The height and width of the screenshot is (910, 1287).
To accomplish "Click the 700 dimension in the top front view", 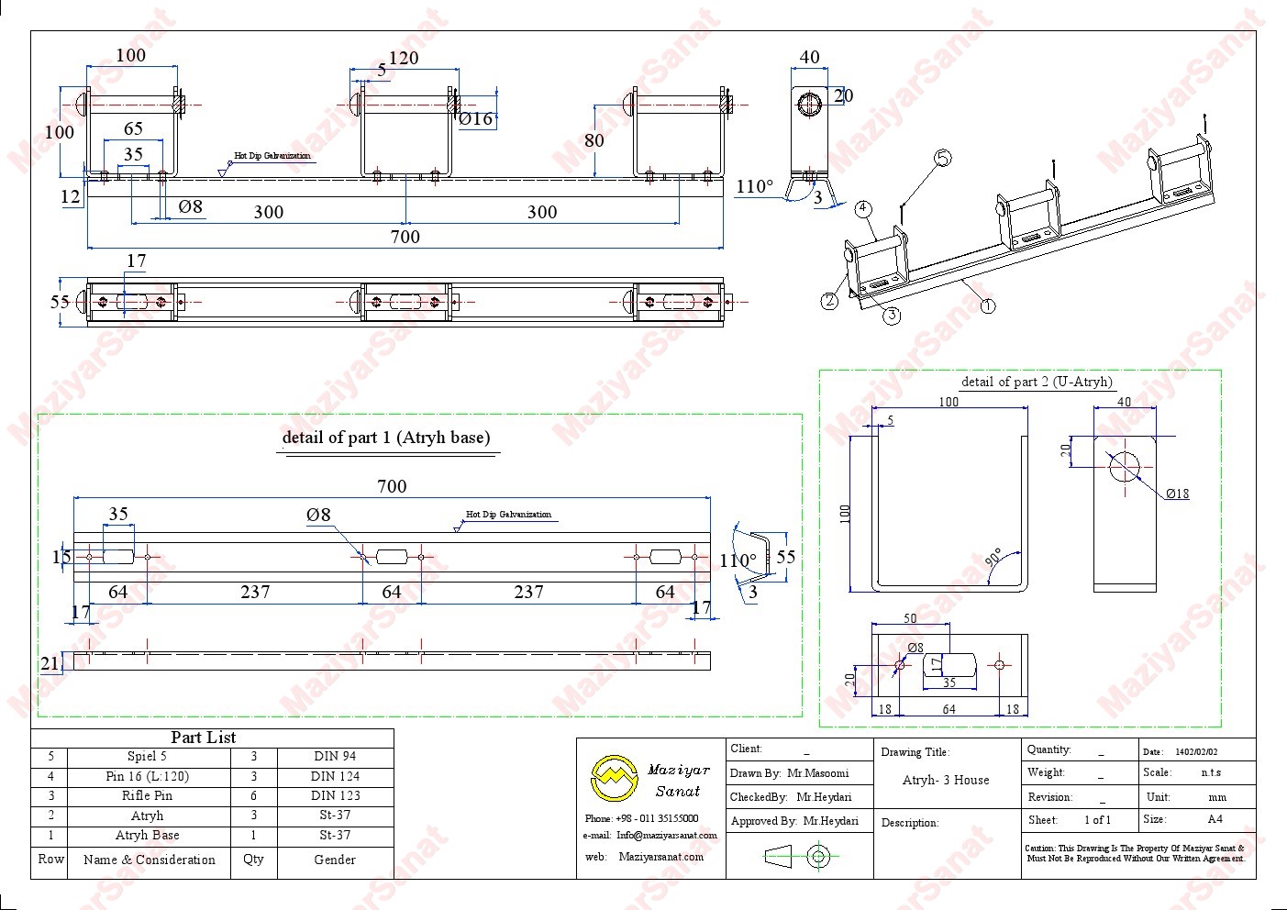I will pos(405,237).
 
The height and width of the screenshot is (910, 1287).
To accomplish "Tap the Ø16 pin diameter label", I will pos(475,118).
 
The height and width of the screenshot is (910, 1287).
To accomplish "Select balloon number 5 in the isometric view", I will pos(942,158).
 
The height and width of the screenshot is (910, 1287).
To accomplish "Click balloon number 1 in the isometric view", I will pos(987,305).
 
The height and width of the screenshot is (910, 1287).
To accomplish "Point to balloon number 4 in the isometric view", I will pos(863,208).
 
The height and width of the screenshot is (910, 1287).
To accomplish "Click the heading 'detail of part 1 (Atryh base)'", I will pos(386,438).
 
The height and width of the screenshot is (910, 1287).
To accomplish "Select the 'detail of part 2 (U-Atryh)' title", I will pos(1037,382).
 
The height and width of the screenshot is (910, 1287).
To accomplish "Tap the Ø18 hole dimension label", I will pos(1178,494).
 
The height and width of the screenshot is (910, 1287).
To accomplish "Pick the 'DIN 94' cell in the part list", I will pos(334,757).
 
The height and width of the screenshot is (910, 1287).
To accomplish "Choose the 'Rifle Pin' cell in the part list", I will pos(147,795).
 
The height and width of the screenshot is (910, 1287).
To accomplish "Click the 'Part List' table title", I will pos(203,738).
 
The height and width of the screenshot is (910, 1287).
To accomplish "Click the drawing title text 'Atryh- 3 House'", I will pos(946,780).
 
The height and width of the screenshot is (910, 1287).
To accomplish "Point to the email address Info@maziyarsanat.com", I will pos(666,836).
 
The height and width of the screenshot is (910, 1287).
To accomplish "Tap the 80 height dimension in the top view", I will pos(594,139).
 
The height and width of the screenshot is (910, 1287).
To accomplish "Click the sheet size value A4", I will pos(1215,819).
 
